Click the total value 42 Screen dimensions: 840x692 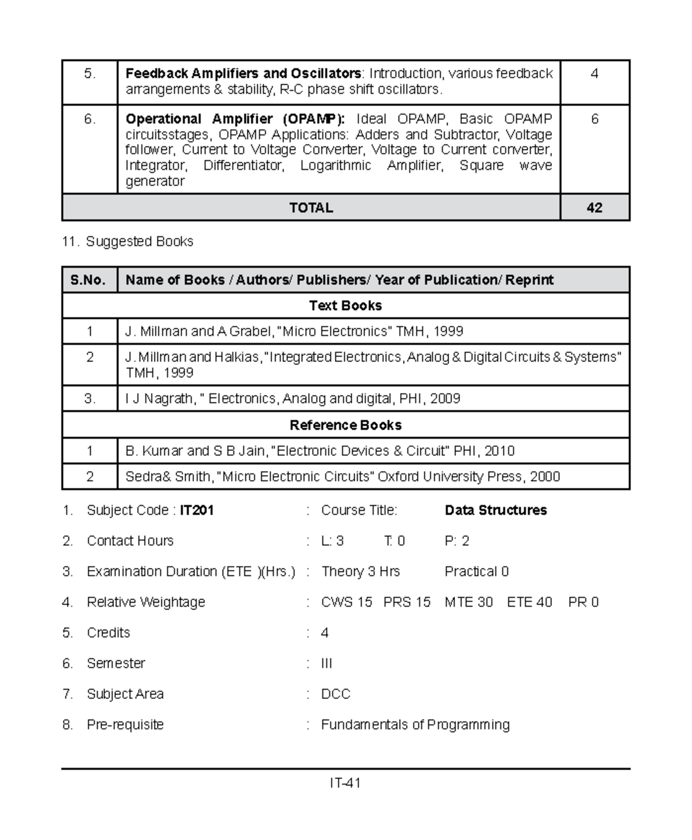(594, 208)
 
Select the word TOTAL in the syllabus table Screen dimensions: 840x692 (311, 208)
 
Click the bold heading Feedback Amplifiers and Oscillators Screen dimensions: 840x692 (243, 74)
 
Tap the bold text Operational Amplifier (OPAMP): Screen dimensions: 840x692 (235, 119)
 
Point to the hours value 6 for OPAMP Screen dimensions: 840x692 (594, 119)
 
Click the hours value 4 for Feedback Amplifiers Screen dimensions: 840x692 (594, 74)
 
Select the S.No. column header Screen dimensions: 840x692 (88, 280)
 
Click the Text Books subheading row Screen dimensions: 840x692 (345, 306)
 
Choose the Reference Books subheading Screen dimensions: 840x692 (345, 425)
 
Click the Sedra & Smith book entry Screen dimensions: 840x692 (343, 477)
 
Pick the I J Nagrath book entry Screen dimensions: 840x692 (292, 399)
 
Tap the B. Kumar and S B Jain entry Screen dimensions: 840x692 (319, 451)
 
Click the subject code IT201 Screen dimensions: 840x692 (197, 510)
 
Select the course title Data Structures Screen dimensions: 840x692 (495, 510)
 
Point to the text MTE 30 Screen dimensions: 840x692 (468, 602)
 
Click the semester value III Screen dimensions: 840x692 (326, 664)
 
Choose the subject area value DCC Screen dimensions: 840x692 (336, 694)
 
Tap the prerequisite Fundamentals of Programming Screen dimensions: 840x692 (415, 725)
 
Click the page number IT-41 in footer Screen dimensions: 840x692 (345, 784)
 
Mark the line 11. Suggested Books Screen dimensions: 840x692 (127, 242)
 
